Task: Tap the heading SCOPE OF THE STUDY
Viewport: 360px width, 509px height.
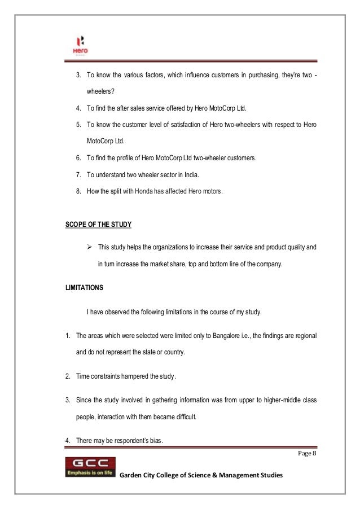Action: [98, 225]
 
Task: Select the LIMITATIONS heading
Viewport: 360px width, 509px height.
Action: [84, 288]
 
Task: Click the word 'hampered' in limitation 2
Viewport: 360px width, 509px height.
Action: [131, 376]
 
